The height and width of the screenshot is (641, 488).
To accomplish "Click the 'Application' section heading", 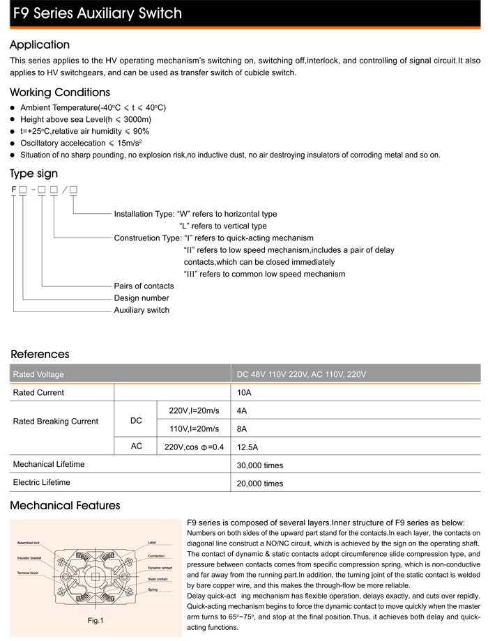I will pos(40,45).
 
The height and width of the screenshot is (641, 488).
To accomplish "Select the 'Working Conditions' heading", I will pos(60,93).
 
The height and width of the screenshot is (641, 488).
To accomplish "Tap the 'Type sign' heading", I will pos(34,173).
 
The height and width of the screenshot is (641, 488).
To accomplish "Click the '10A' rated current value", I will pos(244,392).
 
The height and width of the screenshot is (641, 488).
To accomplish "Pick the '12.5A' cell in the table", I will pos(248,447).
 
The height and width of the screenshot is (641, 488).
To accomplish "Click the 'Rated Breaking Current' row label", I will pos(56,421).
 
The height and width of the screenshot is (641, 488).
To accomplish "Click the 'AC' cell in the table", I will pos(137,446).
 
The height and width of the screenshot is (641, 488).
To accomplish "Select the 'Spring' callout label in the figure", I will pos(153,589).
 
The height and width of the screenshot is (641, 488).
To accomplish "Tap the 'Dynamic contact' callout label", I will pos(160,568).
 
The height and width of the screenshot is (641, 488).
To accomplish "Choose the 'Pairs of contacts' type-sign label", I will pos(144,286).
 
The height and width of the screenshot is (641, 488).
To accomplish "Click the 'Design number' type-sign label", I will pos(142,298).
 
